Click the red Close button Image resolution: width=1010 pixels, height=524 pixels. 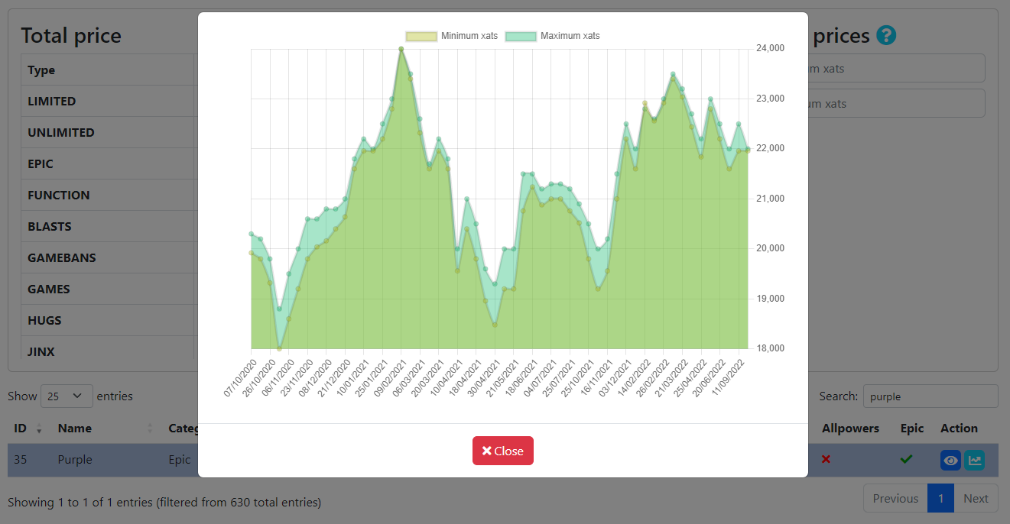[502, 451]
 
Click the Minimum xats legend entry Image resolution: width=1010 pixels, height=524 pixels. [453, 36]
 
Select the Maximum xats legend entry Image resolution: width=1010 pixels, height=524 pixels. [553, 36]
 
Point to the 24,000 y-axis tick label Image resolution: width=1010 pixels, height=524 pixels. [769, 48]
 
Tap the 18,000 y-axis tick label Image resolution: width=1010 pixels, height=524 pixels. [769, 348]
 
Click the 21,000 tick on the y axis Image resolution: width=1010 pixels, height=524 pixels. [769, 199]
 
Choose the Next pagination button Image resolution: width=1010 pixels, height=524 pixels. [976, 499]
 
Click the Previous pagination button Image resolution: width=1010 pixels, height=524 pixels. [895, 499]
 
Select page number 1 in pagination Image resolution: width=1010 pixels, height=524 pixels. [940, 499]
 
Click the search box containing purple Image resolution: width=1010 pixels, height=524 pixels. [930, 396]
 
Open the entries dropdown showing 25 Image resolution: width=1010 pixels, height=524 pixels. [66, 396]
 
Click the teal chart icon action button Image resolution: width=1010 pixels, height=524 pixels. [974, 460]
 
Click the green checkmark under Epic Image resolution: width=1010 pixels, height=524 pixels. [906, 459]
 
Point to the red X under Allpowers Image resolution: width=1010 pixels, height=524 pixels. [826, 459]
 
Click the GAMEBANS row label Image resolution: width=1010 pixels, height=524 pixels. [62, 258]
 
